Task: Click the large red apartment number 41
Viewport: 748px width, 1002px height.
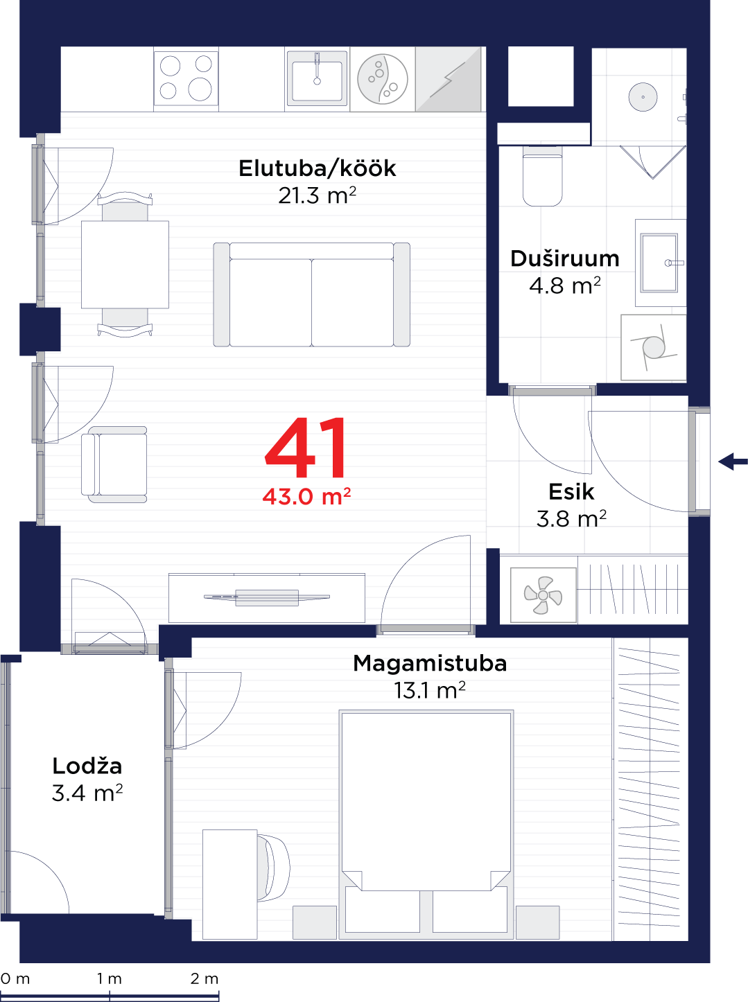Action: tap(306, 448)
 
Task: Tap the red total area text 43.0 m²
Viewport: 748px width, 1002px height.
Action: tap(306, 496)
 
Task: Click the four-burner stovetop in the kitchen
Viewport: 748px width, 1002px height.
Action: tap(186, 79)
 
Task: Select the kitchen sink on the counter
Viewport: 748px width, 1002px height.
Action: tap(317, 79)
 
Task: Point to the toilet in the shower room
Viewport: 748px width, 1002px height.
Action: tap(542, 176)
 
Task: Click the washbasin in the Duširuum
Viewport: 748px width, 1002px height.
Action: tap(660, 263)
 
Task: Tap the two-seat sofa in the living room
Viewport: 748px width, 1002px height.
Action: tap(311, 295)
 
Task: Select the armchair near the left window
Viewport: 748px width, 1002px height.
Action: tap(114, 464)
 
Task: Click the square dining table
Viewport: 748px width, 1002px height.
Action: tap(125, 264)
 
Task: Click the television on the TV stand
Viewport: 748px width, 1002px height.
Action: tap(267, 597)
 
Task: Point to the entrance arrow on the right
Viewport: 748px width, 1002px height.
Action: tap(731, 462)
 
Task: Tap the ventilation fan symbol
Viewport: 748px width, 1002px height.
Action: tap(543, 595)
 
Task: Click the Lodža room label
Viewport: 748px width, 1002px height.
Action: tap(87, 766)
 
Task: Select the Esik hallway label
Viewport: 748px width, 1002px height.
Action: tap(571, 492)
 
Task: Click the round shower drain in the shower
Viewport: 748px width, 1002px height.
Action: tap(643, 97)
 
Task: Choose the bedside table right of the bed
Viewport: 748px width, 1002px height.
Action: tap(537, 922)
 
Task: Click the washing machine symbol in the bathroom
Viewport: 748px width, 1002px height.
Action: tap(653, 347)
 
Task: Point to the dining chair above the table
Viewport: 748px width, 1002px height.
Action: tap(125, 206)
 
